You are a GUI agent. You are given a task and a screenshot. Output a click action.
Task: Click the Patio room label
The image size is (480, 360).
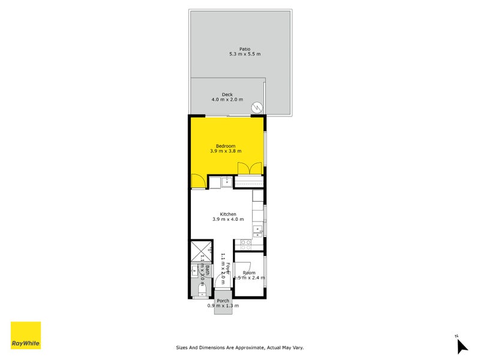(x=244, y=49)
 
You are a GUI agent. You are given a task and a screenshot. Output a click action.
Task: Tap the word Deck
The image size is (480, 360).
(x=227, y=94)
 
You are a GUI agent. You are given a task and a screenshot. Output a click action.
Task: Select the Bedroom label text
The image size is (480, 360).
(x=226, y=146)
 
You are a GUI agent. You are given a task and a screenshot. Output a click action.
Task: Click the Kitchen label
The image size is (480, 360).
(x=228, y=214)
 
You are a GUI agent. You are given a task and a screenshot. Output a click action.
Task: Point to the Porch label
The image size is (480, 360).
(x=223, y=301)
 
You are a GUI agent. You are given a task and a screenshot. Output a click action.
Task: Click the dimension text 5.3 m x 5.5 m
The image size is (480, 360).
(x=244, y=54)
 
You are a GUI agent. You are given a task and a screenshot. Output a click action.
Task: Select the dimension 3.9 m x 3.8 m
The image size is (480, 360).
(x=226, y=151)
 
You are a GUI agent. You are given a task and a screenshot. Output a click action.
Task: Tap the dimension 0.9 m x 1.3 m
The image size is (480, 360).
(x=223, y=306)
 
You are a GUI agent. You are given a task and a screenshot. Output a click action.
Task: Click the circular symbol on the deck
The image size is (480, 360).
(x=257, y=108)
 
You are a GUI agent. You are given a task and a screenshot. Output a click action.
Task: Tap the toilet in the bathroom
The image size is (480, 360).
(x=201, y=292)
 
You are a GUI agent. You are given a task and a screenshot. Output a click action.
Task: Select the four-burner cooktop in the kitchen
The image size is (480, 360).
(x=245, y=244)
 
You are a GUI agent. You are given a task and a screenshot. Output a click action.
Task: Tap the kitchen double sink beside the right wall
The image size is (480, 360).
(x=258, y=229)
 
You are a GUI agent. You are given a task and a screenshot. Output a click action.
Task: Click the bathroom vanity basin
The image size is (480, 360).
(x=195, y=272)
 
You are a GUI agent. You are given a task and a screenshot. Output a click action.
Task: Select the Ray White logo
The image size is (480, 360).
(x=26, y=335)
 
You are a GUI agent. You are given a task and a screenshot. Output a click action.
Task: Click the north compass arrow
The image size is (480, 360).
(x=461, y=346)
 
